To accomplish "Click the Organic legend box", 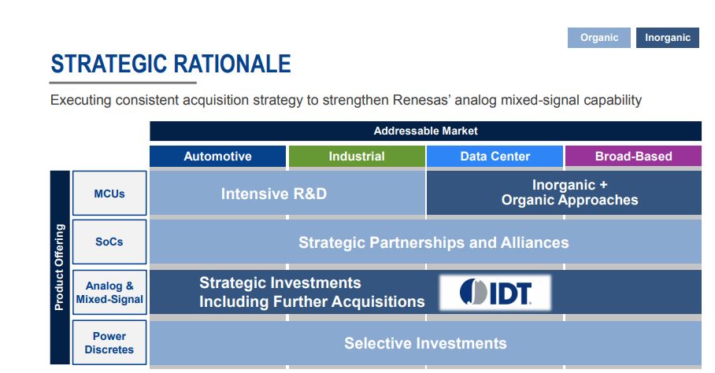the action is [598, 38].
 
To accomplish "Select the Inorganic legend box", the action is [668, 38].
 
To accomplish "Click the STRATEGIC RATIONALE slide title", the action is [171, 64].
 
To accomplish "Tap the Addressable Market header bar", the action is [425, 131].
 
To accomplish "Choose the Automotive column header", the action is [217, 157].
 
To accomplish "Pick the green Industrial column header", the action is [357, 157].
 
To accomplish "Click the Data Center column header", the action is [495, 157].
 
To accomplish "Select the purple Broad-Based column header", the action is [633, 157].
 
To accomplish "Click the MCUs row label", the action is [109, 193].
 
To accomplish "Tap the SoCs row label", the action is [109, 242].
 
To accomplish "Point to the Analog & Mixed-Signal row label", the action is [109, 293].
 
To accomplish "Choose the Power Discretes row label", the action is [109, 342].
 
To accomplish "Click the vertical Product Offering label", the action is [60, 268].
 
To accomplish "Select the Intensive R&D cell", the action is [287, 193].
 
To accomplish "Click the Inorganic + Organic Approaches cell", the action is [564, 193].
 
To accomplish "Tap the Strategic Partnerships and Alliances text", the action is [434, 242].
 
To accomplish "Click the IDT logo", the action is [495, 293].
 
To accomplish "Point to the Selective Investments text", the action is [425, 343].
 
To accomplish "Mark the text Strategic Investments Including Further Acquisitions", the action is [312, 292].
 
